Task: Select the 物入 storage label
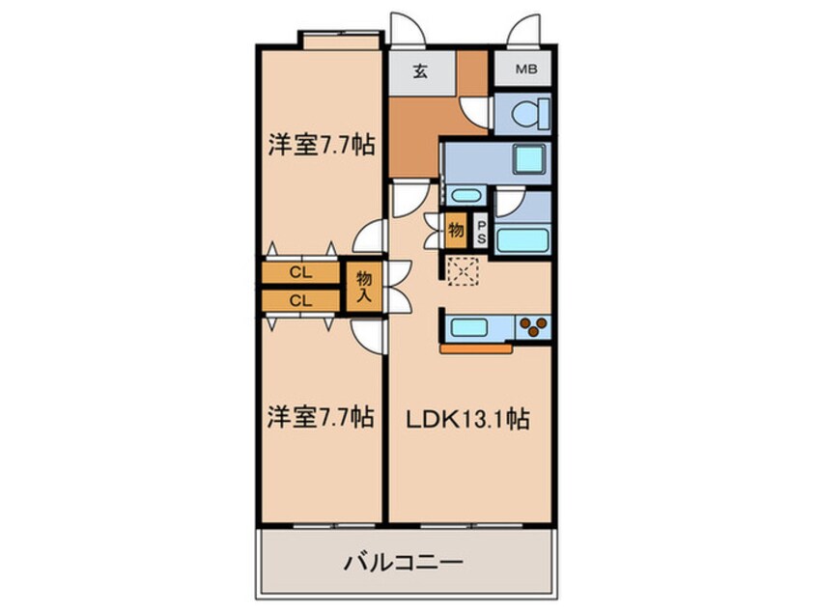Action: click(364, 287)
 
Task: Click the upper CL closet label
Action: click(301, 273)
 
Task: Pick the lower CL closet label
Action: click(301, 299)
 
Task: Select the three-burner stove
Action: click(534, 326)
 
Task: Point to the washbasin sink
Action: click(466, 196)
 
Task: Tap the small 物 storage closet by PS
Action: click(456, 230)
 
